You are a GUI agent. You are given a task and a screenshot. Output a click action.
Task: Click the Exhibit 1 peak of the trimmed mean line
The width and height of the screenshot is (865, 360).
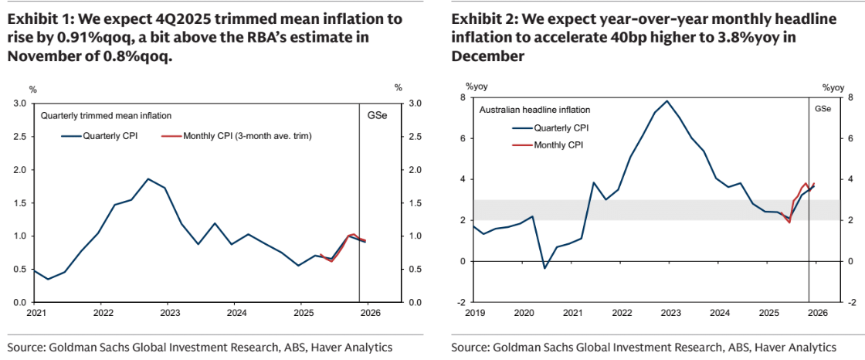click(x=148, y=179)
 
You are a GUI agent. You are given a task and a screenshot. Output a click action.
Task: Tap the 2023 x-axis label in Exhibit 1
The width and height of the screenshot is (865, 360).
click(x=169, y=313)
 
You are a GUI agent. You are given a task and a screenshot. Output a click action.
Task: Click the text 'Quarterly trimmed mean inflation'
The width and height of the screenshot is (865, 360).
click(x=106, y=116)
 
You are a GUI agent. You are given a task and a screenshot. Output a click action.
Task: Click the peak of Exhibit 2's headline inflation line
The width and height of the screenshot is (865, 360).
click(x=667, y=101)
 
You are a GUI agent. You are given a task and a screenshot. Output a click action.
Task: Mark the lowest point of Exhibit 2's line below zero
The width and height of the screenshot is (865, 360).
click(x=544, y=269)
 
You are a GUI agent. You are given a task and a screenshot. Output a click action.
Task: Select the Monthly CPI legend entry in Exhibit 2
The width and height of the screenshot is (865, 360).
click(x=558, y=144)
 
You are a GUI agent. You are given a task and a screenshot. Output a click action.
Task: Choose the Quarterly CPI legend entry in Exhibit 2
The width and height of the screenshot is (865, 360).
click(x=561, y=128)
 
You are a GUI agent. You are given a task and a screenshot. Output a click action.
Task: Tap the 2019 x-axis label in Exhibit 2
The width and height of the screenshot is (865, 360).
click(x=473, y=313)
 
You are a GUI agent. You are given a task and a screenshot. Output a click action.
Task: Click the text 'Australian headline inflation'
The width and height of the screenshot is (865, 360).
click(x=534, y=110)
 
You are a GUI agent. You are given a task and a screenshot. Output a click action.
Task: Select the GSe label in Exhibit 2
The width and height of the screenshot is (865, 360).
click(x=823, y=109)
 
